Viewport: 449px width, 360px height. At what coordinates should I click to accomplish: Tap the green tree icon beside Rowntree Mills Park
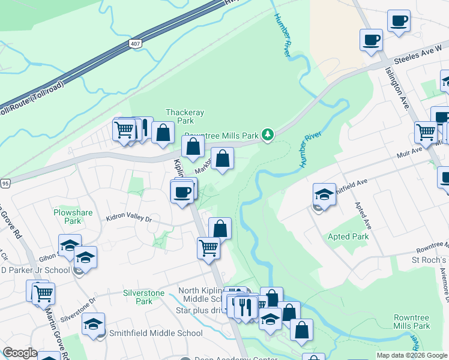270,135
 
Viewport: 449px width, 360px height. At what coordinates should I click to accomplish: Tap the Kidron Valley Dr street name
130,220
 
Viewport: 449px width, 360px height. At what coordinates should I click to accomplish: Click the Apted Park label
348,236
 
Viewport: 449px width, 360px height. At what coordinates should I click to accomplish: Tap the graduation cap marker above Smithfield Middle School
93,324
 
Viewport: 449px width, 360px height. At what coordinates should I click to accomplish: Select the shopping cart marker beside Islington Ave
426,131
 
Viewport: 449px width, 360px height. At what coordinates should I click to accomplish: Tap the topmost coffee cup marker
399,20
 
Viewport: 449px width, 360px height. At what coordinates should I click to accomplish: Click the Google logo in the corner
20,353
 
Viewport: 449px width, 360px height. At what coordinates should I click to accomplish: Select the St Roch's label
429,260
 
